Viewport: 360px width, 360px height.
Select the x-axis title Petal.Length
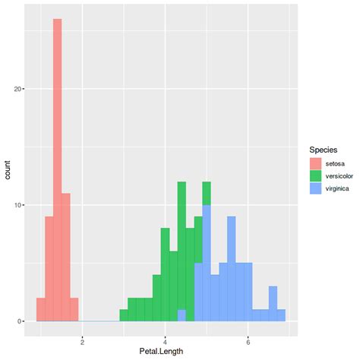162,352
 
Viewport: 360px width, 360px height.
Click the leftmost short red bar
40,309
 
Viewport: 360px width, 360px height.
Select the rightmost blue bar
281,315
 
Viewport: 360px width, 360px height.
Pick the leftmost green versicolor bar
123,315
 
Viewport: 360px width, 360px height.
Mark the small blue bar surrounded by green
181,315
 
